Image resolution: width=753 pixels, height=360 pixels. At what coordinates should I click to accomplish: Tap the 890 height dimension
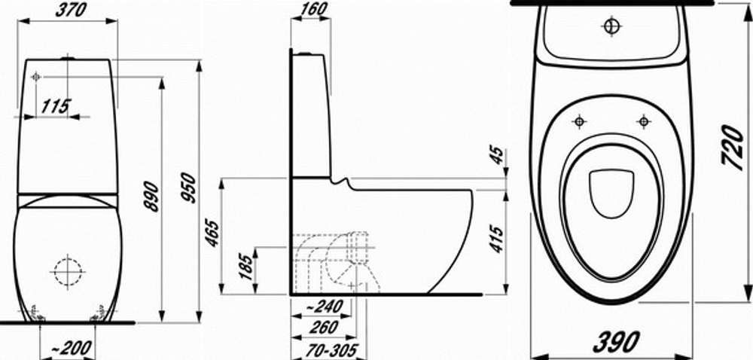coord(152,196)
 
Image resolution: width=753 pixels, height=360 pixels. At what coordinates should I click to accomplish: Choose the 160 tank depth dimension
coord(310,11)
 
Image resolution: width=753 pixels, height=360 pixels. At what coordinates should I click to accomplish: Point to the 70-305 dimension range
coord(325,349)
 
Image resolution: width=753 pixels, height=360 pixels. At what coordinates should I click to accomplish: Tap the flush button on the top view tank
coord(611,26)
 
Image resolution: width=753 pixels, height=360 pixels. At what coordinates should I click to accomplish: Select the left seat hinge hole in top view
coord(579,121)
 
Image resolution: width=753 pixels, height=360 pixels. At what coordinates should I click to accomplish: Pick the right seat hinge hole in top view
coord(643,121)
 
